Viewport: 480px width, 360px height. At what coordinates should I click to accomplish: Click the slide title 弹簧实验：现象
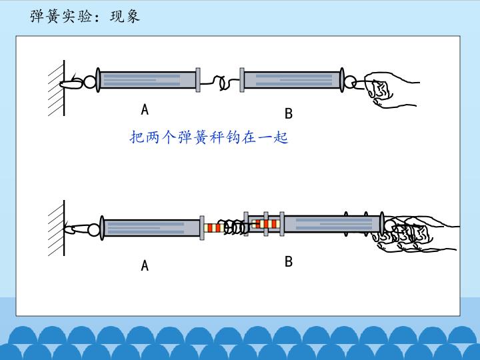click(x=85, y=16)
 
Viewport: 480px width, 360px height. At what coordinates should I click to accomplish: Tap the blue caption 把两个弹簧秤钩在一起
click(x=209, y=138)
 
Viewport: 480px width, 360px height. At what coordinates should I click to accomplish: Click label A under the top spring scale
click(x=145, y=109)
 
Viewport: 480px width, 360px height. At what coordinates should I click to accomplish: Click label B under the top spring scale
click(x=288, y=113)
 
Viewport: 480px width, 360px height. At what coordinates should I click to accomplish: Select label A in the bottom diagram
click(x=145, y=266)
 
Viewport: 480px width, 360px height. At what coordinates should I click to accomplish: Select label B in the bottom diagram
click(x=288, y=261)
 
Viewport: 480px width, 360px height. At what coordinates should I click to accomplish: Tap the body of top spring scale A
click(x=148, y=80)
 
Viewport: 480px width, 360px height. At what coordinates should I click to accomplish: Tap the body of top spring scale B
click(x=291, y=81)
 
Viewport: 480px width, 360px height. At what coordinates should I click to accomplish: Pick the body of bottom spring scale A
click(x=151, y=228)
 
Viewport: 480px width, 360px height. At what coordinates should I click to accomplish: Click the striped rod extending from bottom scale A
click(x=213, y=228)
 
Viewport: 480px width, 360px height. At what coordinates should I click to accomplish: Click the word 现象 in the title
click(x=125, y=16)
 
